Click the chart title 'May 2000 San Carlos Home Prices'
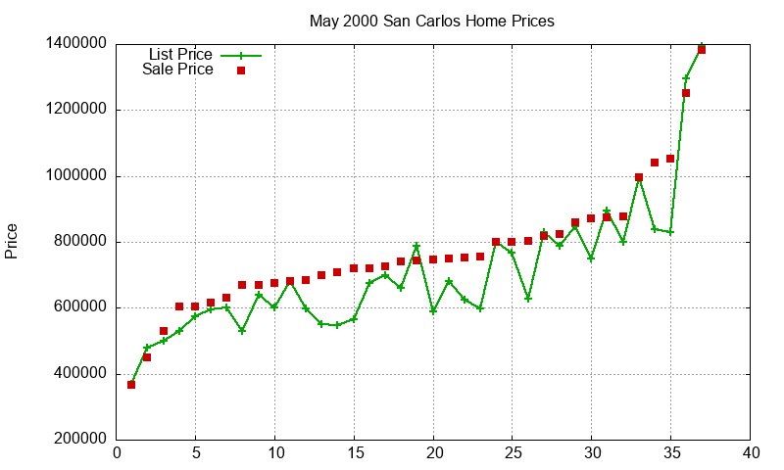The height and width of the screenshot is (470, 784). point(431,21)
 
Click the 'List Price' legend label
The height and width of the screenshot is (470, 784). point(180,55)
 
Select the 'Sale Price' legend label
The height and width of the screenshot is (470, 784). point(177,70)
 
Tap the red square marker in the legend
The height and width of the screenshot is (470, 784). point(241,70)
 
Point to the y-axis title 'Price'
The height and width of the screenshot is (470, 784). point(12,241)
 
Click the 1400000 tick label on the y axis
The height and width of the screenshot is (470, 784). point(75,44)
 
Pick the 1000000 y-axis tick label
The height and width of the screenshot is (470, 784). point(75,176)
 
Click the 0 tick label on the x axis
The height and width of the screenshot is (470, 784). point(117,453)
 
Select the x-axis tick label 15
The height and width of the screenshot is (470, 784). point(354,453)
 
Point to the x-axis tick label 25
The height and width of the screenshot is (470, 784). point(512,453)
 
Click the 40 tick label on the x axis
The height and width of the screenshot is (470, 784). point(750,453)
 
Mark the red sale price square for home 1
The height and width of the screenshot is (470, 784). point(131,385)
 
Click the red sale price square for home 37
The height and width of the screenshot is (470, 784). point(702,50)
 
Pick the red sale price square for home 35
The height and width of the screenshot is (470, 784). point(670,159)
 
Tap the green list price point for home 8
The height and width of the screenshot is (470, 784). point(242,331)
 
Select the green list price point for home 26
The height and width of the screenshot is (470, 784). point(528,299)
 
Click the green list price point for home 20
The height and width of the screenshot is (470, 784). point(433,310)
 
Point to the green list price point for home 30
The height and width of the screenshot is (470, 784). point(591,258)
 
